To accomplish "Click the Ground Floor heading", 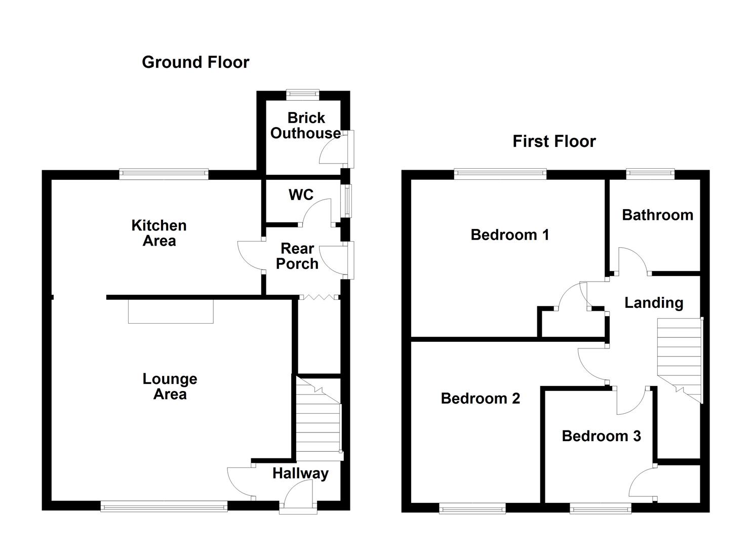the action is click(195, 62).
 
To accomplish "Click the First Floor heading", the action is click(554, 141).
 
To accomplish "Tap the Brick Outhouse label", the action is click(306, 126).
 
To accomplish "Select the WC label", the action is click(301, 195).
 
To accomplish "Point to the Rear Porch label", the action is click(297, 256).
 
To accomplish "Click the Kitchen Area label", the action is click(159, 233).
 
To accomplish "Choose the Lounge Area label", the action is click(170, 386).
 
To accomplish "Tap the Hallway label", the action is click(300, 474).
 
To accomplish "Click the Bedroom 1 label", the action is click(509, 235).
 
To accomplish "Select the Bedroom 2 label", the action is click(481, 399).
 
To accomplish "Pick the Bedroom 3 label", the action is click(601, 436).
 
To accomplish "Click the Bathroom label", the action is click(657, 215).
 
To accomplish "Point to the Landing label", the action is click(654, 303).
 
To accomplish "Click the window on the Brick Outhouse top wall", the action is click(302, 94).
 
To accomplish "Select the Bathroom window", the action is click(650, 174).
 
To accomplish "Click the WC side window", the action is click(346, 201).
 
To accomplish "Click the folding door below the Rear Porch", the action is click(319, 297).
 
